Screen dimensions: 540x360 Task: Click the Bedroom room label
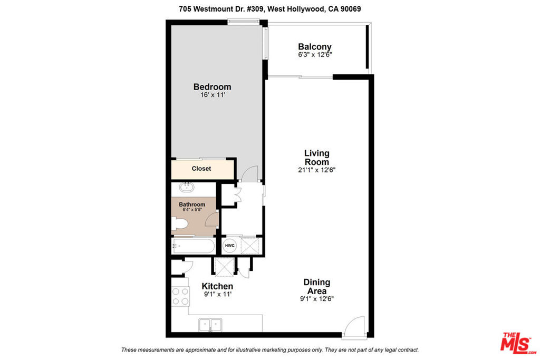[x=212, y=87]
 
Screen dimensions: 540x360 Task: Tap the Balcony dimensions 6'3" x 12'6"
[x=315, y=55]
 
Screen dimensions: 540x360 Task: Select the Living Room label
[x=316, y=157]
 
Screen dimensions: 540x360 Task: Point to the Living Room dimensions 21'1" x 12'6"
[x=316, y=170]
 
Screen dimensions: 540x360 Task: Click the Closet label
[x=201, y=169]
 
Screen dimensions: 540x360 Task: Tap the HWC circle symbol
[x=230, y=246]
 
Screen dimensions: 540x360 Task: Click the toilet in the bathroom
[x=179, y=223]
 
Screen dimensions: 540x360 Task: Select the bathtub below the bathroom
[x=193, y=246]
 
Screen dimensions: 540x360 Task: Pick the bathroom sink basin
[x=187, y=187]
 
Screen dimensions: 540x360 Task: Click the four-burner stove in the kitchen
[x=180, y=296]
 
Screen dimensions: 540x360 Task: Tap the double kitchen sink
[x=210, y=325]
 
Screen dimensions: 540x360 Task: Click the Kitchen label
[x=217, y=286]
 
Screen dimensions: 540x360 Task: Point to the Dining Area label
[x=317, y=287]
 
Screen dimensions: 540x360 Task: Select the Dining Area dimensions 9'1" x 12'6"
[x=317, y=299]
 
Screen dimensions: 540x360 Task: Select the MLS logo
[x=519, y=343]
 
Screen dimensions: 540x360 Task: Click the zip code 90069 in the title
[x=351, y=9]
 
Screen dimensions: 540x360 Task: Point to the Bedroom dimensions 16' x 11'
[x=213, y=95]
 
